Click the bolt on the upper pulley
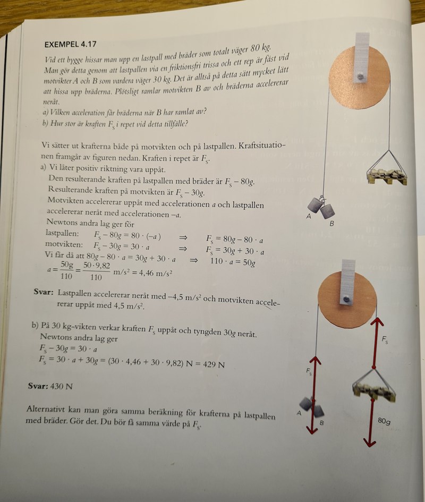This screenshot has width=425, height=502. click(x=361, y=77)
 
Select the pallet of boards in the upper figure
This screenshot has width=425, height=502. click(x=387, y=176)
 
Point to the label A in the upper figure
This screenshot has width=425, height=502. click(x=309, y=216)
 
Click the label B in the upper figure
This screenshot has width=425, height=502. click(x=332, y=224)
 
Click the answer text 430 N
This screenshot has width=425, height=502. click(x=61, y=386)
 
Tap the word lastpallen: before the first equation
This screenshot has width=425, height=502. click(x=62, y=234)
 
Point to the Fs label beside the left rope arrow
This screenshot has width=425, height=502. click(x=309, y=372)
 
